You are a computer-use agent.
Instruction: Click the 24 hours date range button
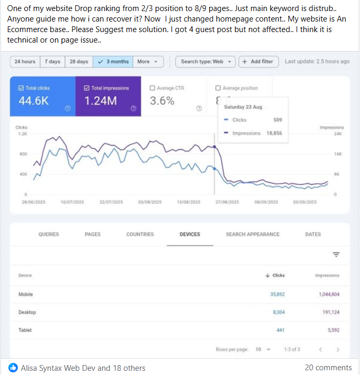25,62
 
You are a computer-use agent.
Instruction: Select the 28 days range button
79,62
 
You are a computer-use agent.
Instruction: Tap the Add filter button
258,62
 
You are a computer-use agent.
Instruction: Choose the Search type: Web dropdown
205,62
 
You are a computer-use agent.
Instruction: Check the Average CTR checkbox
152,88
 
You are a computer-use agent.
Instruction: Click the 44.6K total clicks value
34,101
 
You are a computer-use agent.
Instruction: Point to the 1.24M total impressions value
100,101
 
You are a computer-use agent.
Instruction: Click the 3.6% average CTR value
162,101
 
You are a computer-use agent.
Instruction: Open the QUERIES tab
49,234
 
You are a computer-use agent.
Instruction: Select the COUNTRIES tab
140,234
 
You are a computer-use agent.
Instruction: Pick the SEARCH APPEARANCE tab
253,234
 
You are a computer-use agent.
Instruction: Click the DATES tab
313,234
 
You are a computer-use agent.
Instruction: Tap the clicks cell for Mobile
277,295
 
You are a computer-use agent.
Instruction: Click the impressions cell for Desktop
329,312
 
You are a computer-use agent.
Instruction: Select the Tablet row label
25,330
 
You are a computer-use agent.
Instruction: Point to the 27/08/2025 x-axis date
227,202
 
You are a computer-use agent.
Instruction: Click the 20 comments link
328,368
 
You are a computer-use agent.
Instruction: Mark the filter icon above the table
336,255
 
